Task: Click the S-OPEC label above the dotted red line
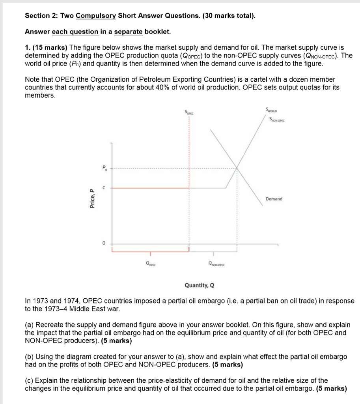click(x=189, y=113)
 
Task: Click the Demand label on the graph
click(x=274, y=199)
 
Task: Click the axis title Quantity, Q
click(x=200, y=285)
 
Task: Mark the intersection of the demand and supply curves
click(x=237, y=168)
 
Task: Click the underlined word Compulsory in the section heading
click(x=96, y=16)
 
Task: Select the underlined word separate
click(x=128, y=32)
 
